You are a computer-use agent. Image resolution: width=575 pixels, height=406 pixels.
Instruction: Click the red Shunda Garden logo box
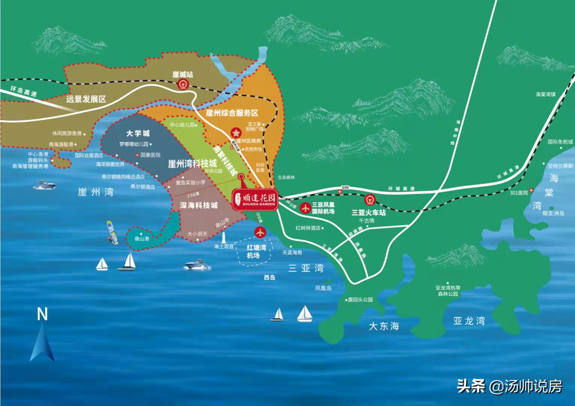tap(254, 199)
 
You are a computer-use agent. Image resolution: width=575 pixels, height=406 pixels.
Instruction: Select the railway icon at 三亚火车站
tap(369, 199)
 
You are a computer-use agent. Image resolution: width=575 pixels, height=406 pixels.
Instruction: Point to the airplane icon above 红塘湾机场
tap(260, 233)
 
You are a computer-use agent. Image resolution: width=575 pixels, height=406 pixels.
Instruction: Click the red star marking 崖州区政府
tap(236, 133)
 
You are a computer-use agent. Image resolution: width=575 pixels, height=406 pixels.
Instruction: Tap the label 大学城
tap(138, 133)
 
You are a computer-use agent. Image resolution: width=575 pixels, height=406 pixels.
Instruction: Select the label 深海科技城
tap(198, 205)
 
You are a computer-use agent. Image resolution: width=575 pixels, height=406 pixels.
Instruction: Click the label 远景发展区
tap(86, 99)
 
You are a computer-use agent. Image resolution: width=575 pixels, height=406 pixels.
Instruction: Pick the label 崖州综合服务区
tap(232, 113)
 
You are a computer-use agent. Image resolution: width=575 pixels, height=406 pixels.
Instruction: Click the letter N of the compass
tap(42, 314)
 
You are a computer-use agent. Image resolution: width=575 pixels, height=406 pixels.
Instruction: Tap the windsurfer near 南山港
tap(112, 233)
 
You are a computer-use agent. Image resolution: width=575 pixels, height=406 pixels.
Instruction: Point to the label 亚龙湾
tap(469, 321)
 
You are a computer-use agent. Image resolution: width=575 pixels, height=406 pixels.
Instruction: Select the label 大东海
tap(384, 326)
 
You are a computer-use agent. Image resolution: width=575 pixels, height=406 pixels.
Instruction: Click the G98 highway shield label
tap(345, 187)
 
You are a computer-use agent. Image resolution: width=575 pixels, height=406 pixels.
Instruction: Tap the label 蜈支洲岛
tap(553, 213)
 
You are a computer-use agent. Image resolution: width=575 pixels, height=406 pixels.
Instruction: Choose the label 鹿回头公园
tap(360, 300)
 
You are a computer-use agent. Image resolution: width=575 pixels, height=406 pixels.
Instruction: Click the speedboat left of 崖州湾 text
tap(45, 185)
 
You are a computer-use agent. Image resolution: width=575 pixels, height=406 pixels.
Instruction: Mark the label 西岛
tap(270, 278)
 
